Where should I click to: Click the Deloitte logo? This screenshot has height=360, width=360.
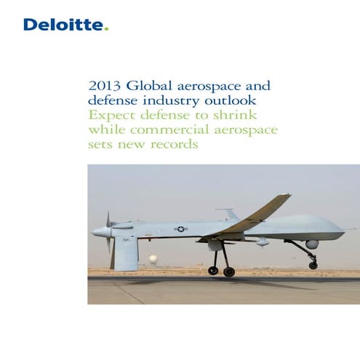(65, 25)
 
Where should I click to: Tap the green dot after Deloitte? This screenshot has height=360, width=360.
(106, 30)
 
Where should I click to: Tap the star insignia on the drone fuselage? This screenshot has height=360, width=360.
(180, 229)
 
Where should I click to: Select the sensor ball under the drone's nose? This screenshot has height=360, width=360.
(312, 244)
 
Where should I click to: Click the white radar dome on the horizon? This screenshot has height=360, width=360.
(153, 259)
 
